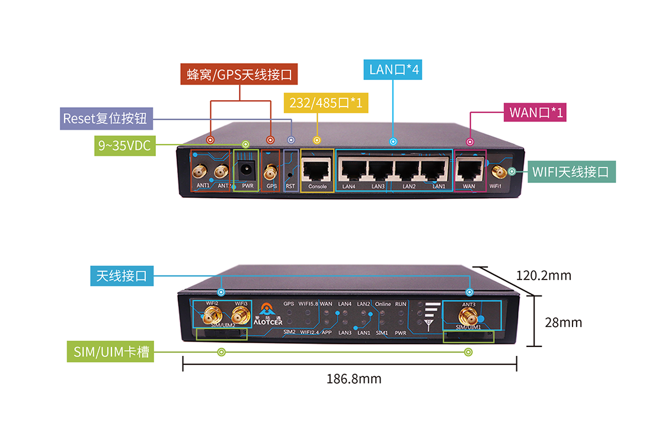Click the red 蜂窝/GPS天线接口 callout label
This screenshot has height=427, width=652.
tap(239, 75)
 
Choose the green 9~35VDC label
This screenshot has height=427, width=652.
tap(124, 145)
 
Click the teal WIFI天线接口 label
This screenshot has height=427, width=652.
tap(571, 172)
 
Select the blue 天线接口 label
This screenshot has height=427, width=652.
tap(122, 276)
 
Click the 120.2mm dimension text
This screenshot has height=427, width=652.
tap(543, 275)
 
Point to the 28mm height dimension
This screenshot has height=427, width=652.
tap(563, 322)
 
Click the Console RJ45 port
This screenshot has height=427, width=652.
tap(317, 171)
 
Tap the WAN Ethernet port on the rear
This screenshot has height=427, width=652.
tap(469, 171)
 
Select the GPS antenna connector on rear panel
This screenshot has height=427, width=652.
tap(271, 173)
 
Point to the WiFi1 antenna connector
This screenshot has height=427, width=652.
tap(498, 172)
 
